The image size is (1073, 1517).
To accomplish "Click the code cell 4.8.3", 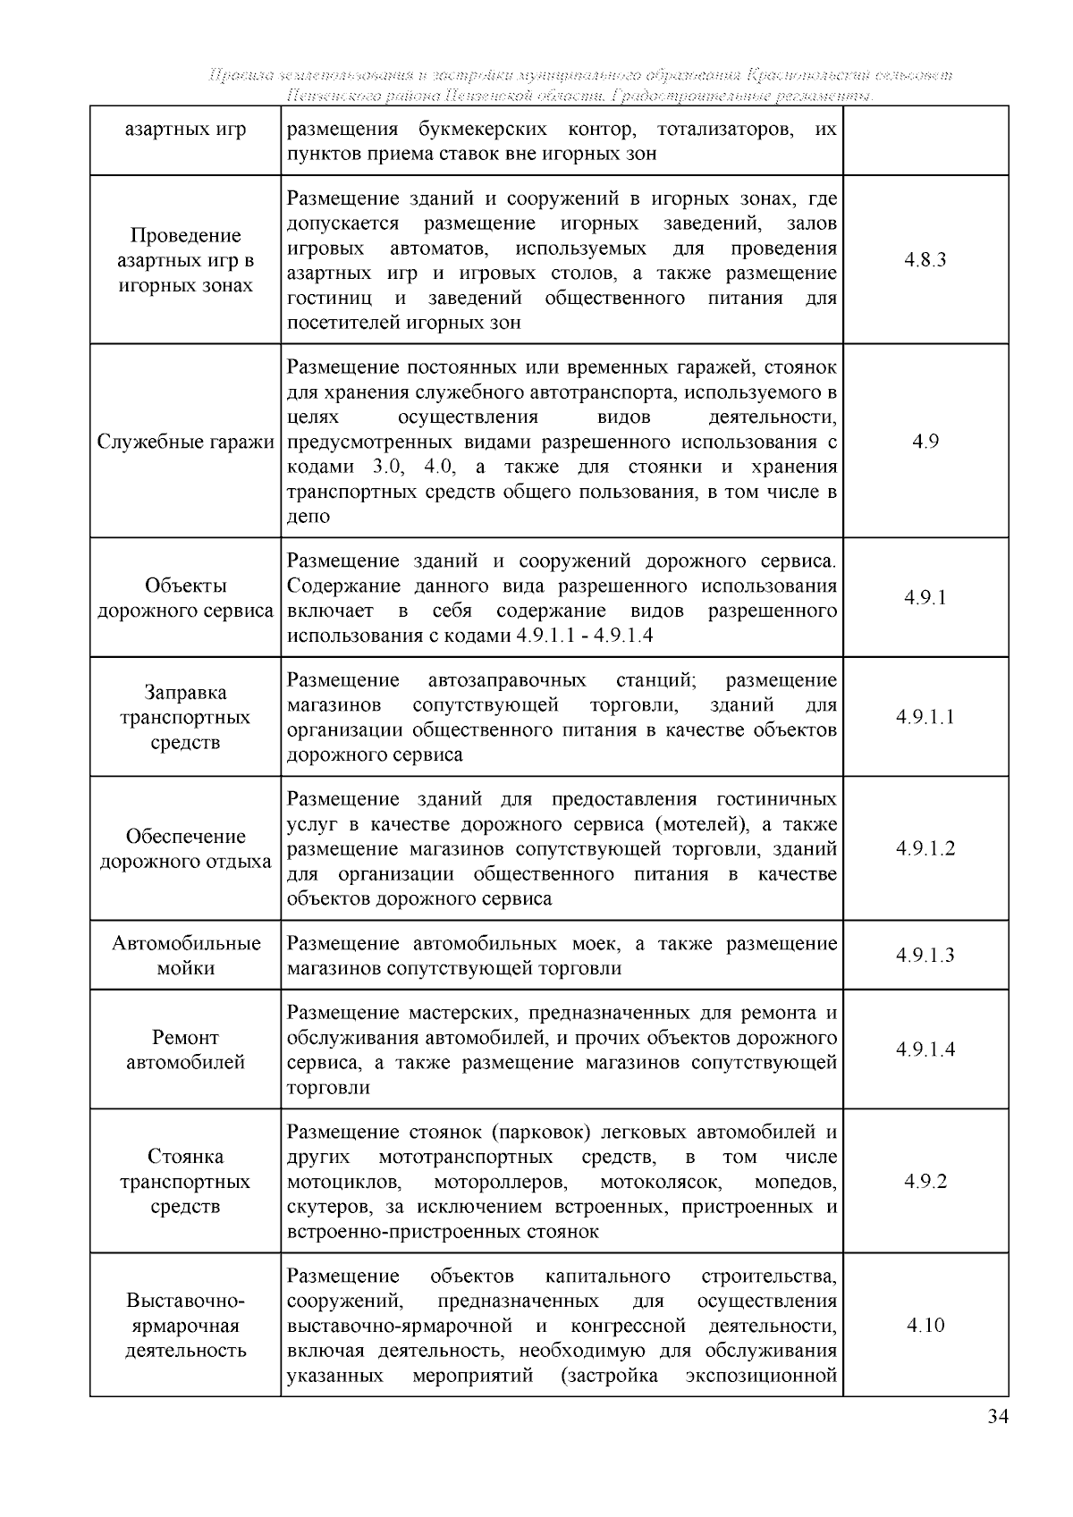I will tap(925, 260).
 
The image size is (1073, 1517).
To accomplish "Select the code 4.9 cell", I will tap(925, 442).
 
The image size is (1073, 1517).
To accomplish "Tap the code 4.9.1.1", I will tap(925, 717).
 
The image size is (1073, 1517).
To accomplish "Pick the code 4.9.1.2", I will tap(925, 848).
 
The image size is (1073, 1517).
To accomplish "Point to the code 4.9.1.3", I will tap(925, 956).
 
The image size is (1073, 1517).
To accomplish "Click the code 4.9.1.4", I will tap(925, 1049).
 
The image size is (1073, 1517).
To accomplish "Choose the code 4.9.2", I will tap(925, 1181).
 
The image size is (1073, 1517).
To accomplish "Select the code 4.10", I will tap(925, 1325).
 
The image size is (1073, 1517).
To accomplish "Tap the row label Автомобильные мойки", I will tap(185, 956).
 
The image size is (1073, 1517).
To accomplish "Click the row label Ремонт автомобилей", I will tap(185, 1050).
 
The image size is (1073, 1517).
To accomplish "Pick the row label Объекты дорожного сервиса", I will tap(185, 598).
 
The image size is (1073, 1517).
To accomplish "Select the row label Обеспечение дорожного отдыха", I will tap(185, 849).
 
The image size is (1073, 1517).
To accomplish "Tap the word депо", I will tap(308, 517).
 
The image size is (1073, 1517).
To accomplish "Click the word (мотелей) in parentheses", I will tap(697, 824).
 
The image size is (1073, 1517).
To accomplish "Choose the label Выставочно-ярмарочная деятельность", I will tap(185, 1325).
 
